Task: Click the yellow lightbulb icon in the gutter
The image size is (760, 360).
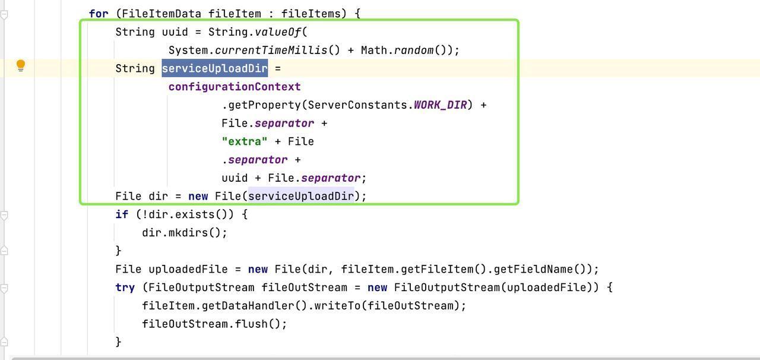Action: tap(21, 65)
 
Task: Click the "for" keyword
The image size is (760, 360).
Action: tap(99, 14)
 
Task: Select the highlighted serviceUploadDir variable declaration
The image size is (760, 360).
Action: tap(215, 68)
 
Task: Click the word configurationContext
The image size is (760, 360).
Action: tap(235, 87)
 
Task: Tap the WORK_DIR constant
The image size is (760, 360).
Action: tap(440, 105)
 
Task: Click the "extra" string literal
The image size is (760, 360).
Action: tap(245, 141)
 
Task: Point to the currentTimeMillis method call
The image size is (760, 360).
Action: tap(271, 50)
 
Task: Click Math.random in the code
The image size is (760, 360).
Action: tap(397, 50)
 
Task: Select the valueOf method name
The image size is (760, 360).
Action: tap(277, 32)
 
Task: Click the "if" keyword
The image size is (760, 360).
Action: tap(122, 214)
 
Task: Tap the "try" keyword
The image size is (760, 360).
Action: tap(125, 288)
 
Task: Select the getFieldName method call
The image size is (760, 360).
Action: tap(533, 270)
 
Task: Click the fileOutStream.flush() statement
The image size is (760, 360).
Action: tap(214, 324)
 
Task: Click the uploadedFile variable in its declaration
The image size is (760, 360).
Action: tap(188, 270)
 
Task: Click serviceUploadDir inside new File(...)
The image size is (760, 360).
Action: tap(301, 196)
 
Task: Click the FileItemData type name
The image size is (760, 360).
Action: tap(161, 14)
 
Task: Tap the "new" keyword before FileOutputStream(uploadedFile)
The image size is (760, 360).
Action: tap(377, 288)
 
